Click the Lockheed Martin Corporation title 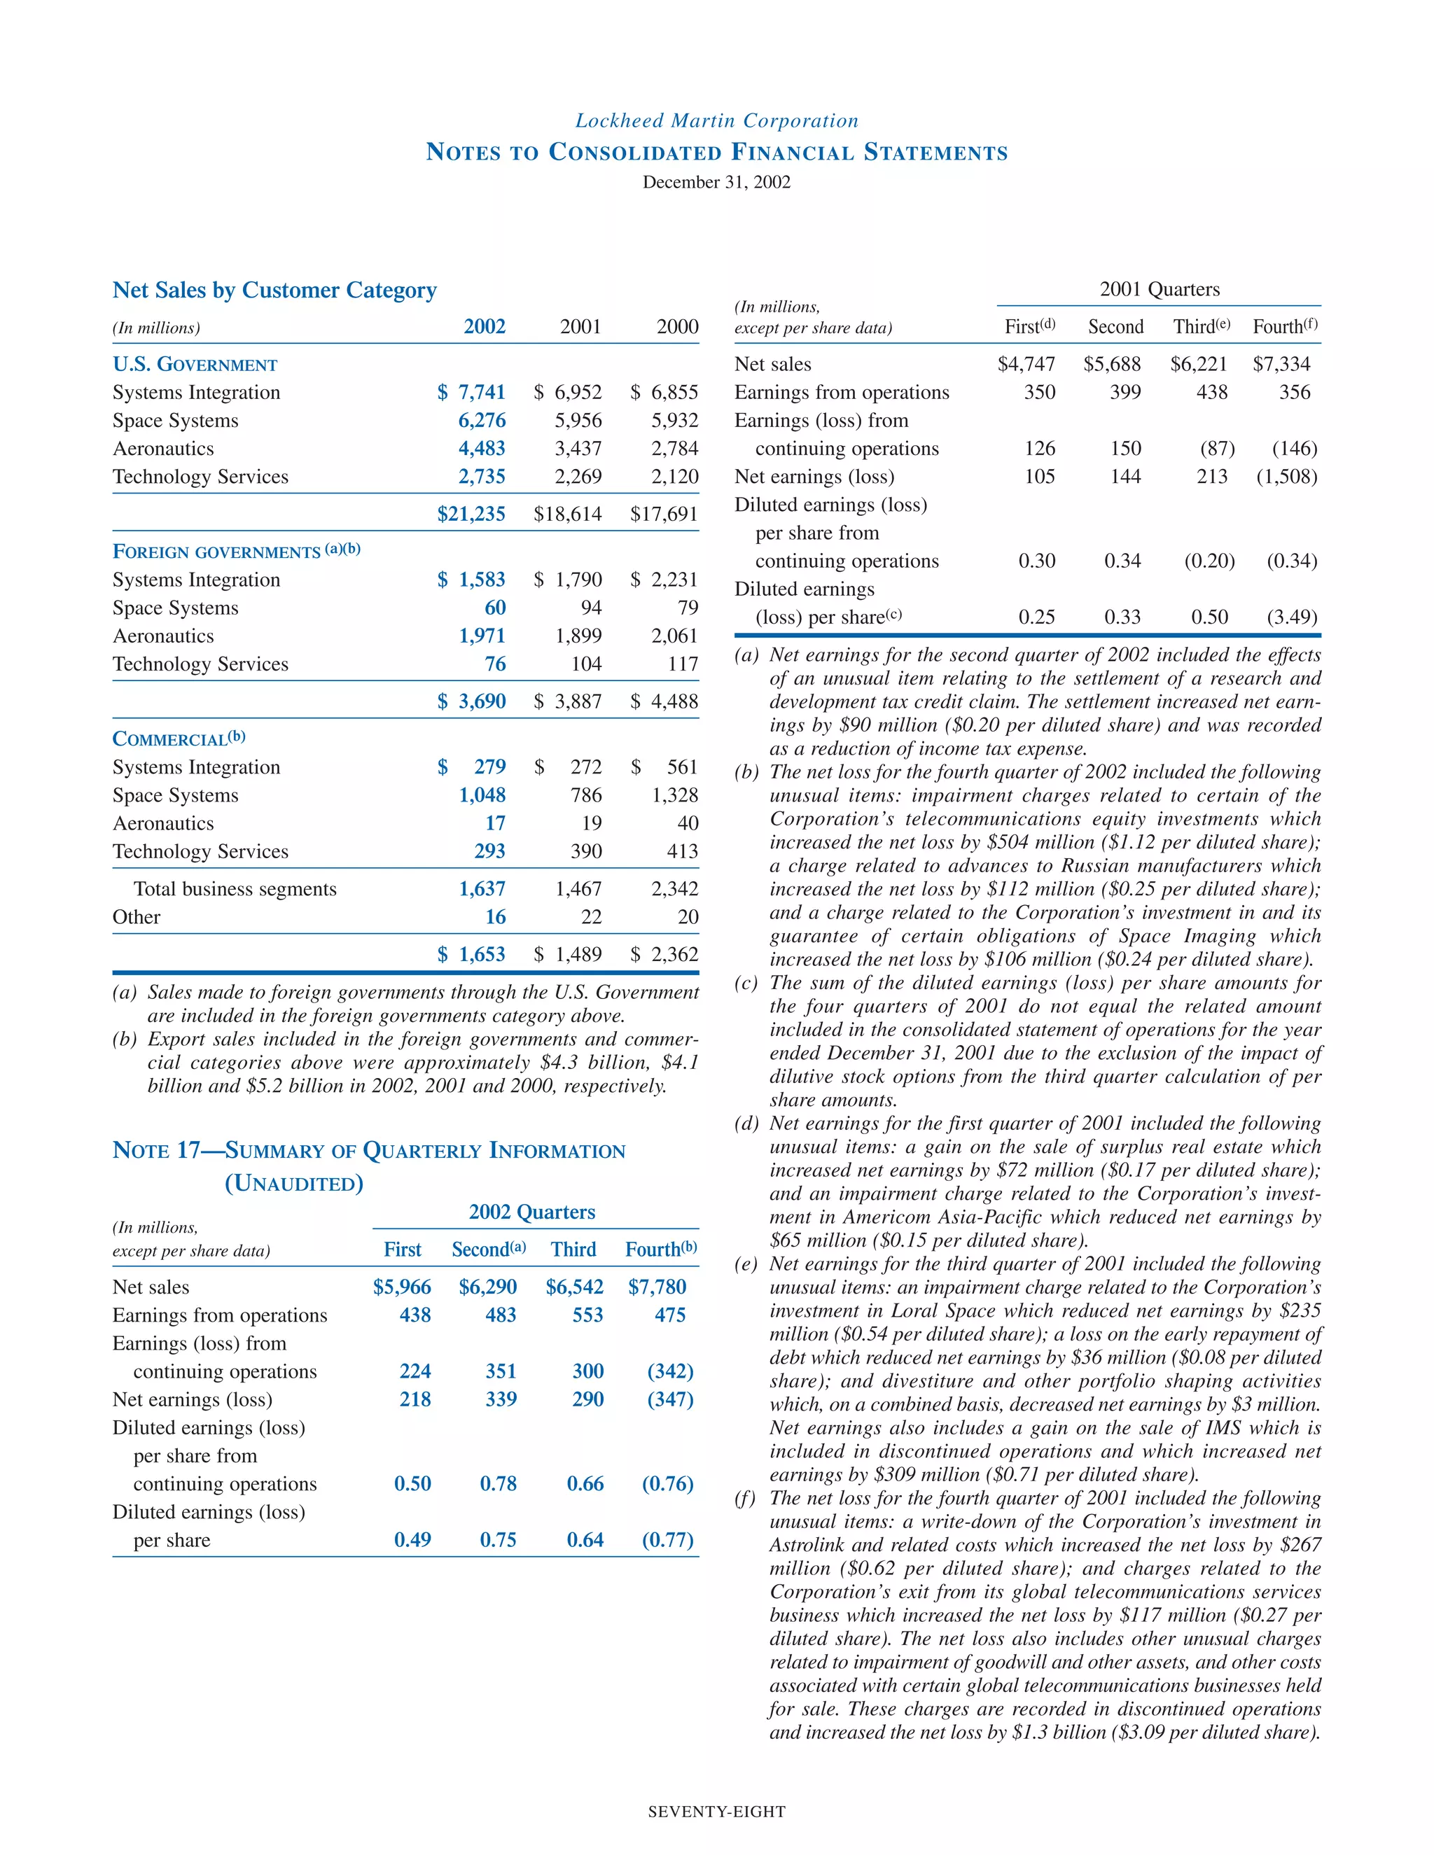[716, 120]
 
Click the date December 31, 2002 [716, 182]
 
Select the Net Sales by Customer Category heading [274, 290]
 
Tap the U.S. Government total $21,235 [471, 514]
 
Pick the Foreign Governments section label [236, 551]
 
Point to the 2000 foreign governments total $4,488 [664, 701]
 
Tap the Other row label [136, 917]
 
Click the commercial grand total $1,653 [471, 955]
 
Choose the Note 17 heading [369, 1151]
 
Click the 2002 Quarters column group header [532, 1212]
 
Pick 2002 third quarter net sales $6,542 [574, 1287]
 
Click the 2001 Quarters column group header [1160, 290]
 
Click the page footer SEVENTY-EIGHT [716, 1812]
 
